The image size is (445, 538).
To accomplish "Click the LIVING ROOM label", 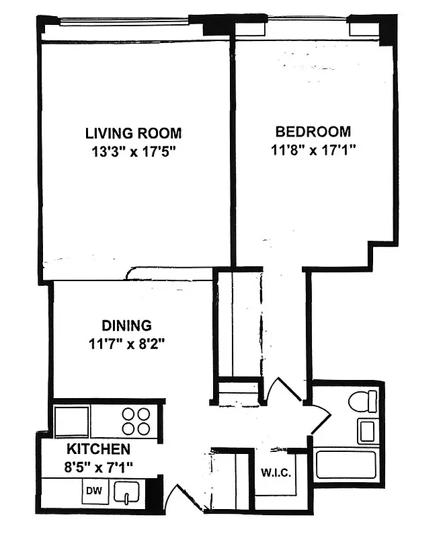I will [133, 133].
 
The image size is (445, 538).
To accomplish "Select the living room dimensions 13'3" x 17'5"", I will [133, 151].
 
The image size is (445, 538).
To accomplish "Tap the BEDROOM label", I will [313, 131].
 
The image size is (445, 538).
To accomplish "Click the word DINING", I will [126, 325].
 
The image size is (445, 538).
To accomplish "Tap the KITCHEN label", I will [98, 449].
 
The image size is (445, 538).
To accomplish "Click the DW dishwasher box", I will [91, 492].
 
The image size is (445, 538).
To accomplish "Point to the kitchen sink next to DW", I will [125, 493].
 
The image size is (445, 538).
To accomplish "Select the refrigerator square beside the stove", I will [72, 422].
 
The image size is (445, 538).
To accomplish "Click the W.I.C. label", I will [276, 472].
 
